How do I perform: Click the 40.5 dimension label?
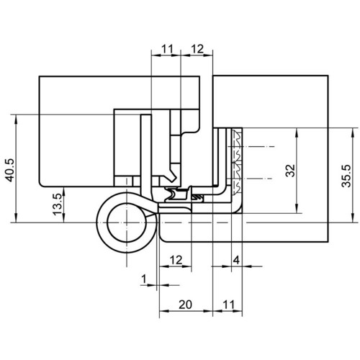click(x=10, y=170)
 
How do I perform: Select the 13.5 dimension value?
click(x=58, y=204)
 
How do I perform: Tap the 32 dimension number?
click(x=290, y=171)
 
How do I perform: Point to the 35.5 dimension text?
click(x=346, y=176)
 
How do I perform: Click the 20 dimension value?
click(x=186, y=305)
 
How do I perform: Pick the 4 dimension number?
click(x=236, y=260)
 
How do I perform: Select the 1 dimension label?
click(x=144, y=279)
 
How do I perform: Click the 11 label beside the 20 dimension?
click(x=228, y=305)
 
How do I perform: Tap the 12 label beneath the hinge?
click(x=176, y=260)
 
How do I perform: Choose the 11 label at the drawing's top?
click(x=167, y=49)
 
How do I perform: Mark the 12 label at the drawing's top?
click(x=197, y=49)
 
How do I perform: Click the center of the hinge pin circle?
click(x=127, y=222)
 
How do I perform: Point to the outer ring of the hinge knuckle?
click(x=97, y=222)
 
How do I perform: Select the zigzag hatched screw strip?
click(x=236, y=161)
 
